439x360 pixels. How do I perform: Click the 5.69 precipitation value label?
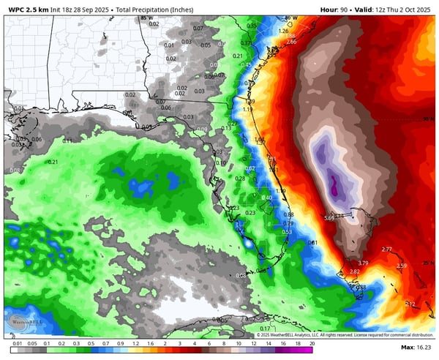tap(329, 217)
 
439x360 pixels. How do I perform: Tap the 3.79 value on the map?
tap(364, 263)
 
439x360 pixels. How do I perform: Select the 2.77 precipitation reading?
tap(387, 250)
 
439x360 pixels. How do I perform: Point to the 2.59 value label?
tap(402, 266)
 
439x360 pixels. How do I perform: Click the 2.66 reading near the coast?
tap(291, 42)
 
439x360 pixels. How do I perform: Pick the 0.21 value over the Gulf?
tap(53, 162)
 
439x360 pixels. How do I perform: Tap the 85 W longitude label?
tap(147, 17)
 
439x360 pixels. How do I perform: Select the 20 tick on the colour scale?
tap(312, 342)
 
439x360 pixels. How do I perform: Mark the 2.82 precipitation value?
tap(355, 272)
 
